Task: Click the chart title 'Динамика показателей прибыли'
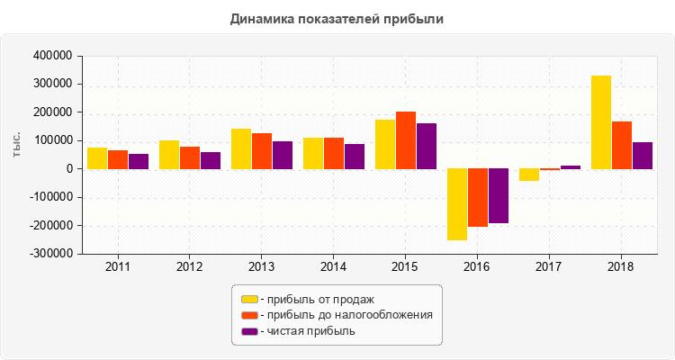click(337, 18)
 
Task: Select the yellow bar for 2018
click(601, 122)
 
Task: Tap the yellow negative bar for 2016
click(457, 204)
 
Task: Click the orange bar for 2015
click(406, 140)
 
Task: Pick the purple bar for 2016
click(499, 195)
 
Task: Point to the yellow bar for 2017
click(529, 175)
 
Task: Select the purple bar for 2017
click(571, 166)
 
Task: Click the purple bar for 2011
click(139, 161)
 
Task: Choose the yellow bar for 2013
click(241, 148)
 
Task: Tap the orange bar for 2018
click(622, 145)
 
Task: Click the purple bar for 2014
click(355, 156)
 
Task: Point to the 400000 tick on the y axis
click(51, 56)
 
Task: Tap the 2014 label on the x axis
click(333, 267)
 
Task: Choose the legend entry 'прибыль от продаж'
click(316, 299)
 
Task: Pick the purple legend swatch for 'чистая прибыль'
click(249, 331)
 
